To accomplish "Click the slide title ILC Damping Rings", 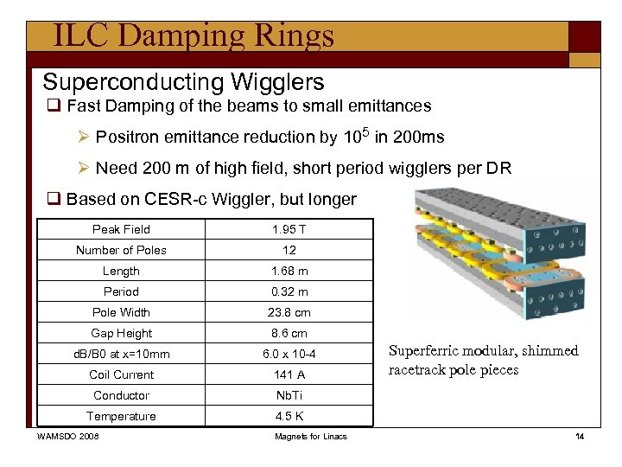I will click(x=193, y=35).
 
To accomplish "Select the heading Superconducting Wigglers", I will click(x=183, y=82).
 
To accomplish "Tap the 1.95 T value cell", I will click(x=289, y=229).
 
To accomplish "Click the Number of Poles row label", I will click(x=121, y=250).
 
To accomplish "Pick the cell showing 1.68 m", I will click(x=289, y=271).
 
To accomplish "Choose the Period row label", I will click(x=121, y=291).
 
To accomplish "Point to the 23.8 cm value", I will click(x=289, y=312).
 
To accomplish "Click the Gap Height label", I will click(x=121, y=333).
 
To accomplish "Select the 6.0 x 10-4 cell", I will click(x=289, y=354).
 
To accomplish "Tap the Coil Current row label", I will click(x=121, y=374).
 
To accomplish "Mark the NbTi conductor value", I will click(x=289, y=395).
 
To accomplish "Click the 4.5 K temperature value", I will click(x=289, y=416).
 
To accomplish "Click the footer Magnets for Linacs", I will click(x=311, y=436).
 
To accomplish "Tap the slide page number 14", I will click(x=580, y=436).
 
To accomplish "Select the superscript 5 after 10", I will click(x=364, y=131).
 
